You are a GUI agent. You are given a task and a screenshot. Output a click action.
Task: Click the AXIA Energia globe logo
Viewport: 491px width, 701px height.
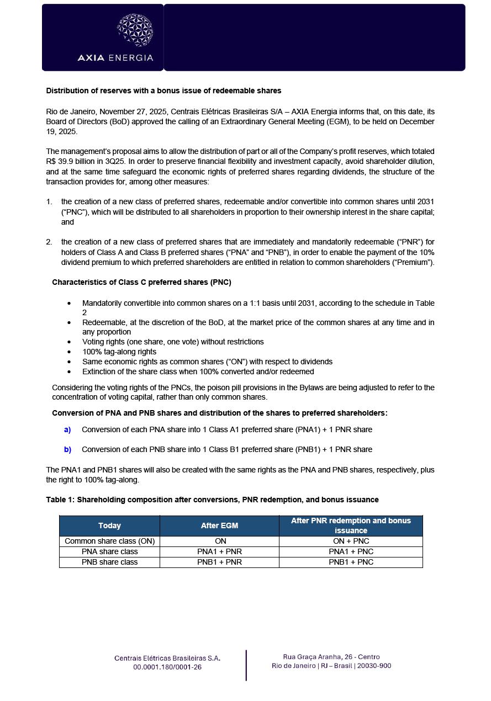point(135,30)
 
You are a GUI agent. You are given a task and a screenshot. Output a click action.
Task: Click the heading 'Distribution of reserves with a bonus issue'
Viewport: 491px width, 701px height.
point(163,91)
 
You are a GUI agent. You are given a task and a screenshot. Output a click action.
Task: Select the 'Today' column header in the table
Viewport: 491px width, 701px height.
point(109,525)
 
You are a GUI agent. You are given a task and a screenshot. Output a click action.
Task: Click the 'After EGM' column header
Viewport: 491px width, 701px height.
point(219,525)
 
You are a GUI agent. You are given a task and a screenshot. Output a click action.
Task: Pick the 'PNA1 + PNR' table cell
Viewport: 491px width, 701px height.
point(219,551)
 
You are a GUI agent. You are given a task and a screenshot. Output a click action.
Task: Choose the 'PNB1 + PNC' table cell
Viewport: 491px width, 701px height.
point(351,562)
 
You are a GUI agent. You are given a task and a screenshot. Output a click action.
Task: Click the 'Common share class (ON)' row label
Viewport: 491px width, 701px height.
point(109,541)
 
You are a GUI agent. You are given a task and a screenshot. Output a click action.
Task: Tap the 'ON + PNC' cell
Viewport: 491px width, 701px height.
point(351,541)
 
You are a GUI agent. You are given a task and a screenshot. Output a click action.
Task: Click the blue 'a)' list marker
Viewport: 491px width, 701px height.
point(67,429)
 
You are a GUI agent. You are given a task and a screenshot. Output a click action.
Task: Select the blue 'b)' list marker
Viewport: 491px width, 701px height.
point(67,449)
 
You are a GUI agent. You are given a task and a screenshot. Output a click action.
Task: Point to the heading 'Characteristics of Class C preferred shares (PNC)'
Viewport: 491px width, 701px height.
point(141,282)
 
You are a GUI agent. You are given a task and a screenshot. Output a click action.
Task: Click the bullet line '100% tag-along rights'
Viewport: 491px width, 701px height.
point(119,352)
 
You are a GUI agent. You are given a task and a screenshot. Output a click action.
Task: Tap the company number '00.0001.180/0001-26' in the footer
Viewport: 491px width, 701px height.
point(167,667)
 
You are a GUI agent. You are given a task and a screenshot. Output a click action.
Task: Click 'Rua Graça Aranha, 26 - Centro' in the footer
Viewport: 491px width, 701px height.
point(331,657)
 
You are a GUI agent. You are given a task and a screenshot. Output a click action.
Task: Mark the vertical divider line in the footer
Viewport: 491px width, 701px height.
point(246,665)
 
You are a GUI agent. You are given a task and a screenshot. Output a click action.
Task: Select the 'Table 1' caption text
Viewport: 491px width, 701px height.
point(212,500)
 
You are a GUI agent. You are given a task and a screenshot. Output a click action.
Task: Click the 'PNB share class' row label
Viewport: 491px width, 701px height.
point(109,562)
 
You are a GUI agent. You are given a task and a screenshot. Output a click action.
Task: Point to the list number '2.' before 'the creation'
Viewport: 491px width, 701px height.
point(49,242)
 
